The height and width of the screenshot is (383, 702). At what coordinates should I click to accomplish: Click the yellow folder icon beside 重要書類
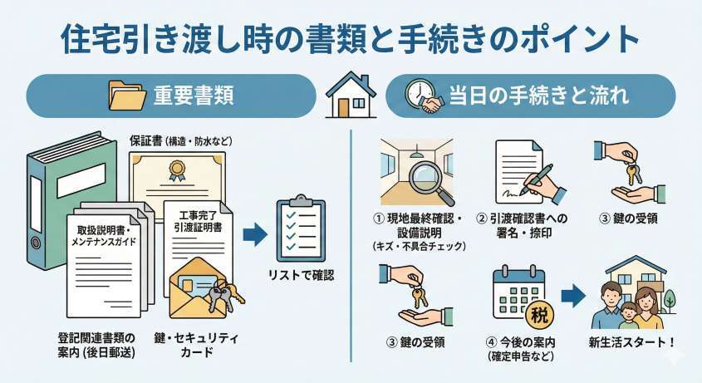[x=127, y=96]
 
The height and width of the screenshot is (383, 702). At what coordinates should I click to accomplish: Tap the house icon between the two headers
[x=351, y=95]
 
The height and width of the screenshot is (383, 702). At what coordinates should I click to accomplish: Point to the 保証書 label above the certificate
[x=145, y=141]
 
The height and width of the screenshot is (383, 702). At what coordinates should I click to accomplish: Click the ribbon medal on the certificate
[x=174, y=171]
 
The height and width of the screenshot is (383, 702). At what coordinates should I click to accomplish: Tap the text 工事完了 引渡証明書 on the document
[x=198, y=221]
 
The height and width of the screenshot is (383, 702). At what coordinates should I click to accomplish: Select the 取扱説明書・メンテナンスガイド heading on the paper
[x=104, y=236]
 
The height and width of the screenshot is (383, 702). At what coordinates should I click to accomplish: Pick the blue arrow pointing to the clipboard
[x=255, y=235]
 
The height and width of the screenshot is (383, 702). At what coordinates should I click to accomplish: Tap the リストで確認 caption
[x=301, y=276]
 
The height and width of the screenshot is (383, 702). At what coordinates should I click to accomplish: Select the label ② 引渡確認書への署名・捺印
[x=523, y=226]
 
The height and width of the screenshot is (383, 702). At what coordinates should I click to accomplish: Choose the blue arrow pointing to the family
[x=573, y=296]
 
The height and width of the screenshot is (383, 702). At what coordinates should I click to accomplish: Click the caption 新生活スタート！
[x=631, y=342]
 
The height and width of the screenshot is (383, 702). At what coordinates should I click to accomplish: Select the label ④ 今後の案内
[x=520, y=342]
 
